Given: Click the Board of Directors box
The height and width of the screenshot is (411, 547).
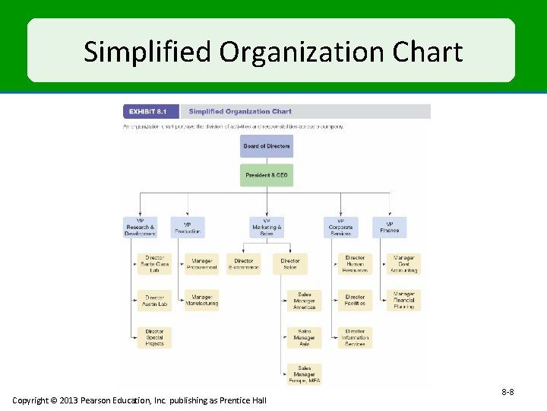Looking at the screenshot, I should pyautogui.click(x=266, y=146).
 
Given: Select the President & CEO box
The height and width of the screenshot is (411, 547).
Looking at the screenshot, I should pyautogui.click(x=266, y=175).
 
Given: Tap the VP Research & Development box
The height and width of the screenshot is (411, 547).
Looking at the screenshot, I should pyautogui.click(x=140, y=228).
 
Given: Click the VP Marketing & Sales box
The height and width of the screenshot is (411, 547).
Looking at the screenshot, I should pyautogui.click(x=266, y=228).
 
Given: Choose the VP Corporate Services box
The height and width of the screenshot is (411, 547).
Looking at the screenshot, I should pyautogui.click(x=340, y=228).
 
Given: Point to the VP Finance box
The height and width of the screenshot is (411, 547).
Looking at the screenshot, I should pyautogui.click(x=389, y=228).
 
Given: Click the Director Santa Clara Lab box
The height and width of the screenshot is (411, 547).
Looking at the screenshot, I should pyautogui.click(x=154, y=264).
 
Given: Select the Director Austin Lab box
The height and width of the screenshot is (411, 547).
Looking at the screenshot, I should pyautogui.click(x=154, y=301).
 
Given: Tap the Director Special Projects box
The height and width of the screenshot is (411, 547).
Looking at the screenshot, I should pyautogui.click(x=154, y=337).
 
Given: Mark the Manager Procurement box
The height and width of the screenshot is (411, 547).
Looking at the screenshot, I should pyautogui.click(x=201, y=264).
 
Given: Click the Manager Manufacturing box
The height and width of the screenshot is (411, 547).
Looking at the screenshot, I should pyautogui.click(x=201, y=301).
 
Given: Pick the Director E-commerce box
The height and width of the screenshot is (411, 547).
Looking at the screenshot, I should pyautogui.click(x=243, y=264).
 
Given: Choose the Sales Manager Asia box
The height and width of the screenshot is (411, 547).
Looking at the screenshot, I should pyautogui.click(x=304, y=337).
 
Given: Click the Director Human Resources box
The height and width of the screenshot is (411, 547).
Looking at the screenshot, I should pyautogui.click(x=355, y=264).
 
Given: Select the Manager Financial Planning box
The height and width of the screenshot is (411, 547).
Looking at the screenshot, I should pyautogui.click(x=403, y=301).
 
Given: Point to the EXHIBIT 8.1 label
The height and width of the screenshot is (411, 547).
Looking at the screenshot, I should pyautogui.click(x=148, y=112).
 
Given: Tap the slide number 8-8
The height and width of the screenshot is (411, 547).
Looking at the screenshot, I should pyautogui.click(x=507, y=392).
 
